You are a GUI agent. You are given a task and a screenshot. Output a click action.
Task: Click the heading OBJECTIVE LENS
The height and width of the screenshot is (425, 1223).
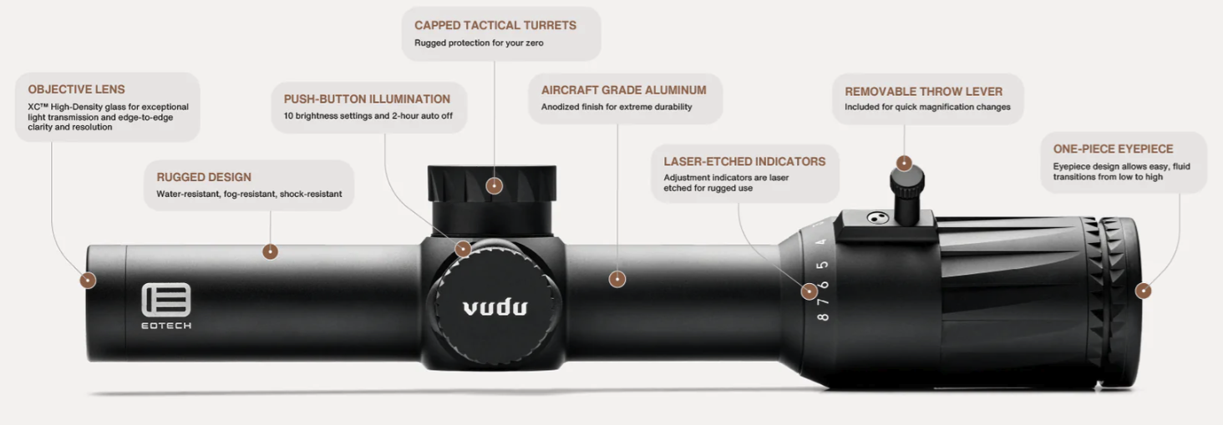click(77, 89)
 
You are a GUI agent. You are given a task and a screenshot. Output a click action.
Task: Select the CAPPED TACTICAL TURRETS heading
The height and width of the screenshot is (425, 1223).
click(495, 26)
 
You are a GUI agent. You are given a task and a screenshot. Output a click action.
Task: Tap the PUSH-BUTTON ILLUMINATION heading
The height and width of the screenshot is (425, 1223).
click(367, 99)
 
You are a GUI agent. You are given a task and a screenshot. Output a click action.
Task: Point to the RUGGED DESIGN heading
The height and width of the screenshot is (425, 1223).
click(204, 177)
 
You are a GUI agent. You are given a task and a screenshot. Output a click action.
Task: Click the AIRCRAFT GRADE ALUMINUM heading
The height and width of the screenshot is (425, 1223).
click(623, 90)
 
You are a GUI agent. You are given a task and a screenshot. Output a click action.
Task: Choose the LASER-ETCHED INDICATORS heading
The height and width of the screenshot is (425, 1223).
click(744, 162)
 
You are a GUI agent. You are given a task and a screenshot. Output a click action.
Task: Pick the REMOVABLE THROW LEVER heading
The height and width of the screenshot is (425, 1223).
click(924, 92)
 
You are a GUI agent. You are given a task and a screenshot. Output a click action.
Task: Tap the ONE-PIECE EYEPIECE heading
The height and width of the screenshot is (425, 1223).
click(1114, 149)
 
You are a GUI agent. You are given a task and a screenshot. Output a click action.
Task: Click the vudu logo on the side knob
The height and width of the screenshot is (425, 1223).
click(495, 308)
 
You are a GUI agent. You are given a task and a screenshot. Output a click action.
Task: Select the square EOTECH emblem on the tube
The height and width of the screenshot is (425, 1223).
click(166, 300)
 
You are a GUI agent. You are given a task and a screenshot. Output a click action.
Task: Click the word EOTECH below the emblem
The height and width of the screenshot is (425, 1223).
click(166, 326)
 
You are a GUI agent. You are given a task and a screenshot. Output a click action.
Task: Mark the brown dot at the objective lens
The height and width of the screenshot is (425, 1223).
click(88, 281)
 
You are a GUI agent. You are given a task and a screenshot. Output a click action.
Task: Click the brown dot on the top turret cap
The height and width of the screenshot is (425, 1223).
click(494, 186)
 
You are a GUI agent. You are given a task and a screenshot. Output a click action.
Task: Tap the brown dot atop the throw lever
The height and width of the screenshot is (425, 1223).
click(904, 163)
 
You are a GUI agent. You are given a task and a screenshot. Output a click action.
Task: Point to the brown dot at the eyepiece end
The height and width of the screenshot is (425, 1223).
click(1143, 291)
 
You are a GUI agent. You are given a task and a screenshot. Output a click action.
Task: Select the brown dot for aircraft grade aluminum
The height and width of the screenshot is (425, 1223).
click(617, 280)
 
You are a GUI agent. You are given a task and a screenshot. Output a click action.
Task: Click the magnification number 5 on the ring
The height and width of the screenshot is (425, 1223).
click(822, 265)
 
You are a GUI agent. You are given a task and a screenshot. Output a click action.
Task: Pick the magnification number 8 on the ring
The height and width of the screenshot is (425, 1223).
click(823, 317)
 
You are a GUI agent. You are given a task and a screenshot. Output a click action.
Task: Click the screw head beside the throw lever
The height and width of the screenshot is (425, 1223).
click(878, 218)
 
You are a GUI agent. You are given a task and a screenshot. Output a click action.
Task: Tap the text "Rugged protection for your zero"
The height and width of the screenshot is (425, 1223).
click(479, 43)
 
